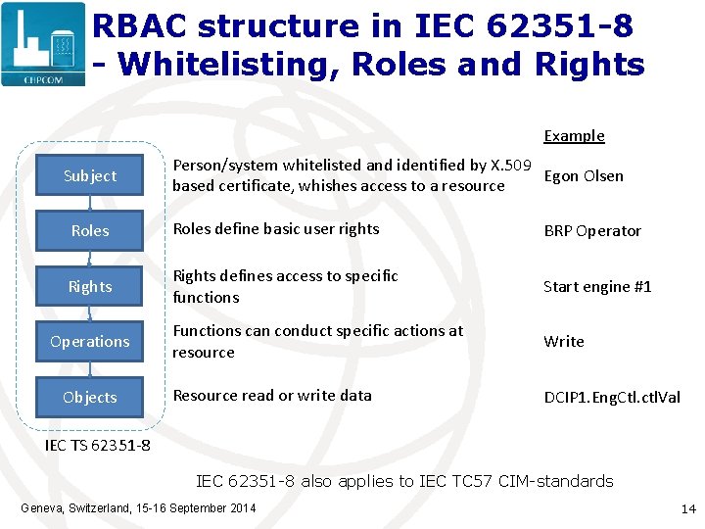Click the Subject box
coord(89,176)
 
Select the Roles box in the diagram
coord(89,231)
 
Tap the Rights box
coord(89,287)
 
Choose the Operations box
coord(89,342)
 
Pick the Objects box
coord(89,398)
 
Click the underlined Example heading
coord(574,136)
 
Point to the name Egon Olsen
coord(584,176)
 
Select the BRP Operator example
coord(592,231)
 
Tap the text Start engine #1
coord(597,287)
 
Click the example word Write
coord(564,342)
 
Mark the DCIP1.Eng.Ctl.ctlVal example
coord(612,398)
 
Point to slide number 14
coord(687,509)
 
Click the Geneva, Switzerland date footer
coord(137,507)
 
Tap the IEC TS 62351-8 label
coord(98,447)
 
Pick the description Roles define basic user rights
coord(276,229)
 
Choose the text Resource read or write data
coord(272,396)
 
